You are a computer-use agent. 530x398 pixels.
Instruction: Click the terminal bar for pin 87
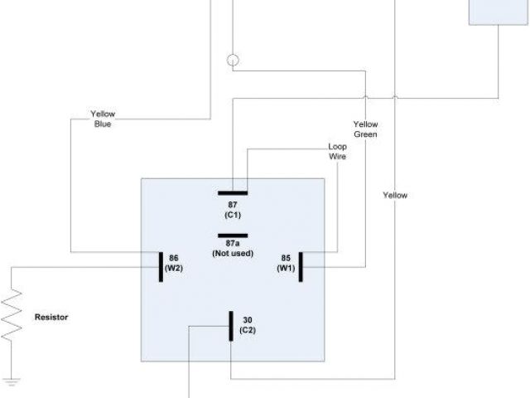point(232,190)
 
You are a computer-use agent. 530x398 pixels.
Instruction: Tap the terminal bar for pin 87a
point(232,235)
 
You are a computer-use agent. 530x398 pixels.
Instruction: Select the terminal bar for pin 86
point(161,267)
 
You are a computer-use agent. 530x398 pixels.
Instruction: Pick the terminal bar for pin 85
point(301,267)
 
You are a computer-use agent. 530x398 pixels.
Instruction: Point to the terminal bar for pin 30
point(230,326)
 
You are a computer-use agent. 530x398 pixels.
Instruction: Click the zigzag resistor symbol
point(12,316)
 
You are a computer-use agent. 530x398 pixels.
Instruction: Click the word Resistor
point(51,317)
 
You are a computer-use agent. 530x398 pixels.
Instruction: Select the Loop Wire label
point(337,150)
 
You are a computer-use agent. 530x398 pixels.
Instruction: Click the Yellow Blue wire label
point(104,119)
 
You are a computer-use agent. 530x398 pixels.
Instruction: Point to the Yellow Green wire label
point(365,129)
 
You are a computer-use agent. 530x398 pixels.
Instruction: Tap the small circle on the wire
point(233,61)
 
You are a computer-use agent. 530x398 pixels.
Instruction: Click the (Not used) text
point(233,253)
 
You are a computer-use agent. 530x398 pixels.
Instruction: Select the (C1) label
point(232,215)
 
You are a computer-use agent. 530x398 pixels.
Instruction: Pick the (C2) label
point(248,330)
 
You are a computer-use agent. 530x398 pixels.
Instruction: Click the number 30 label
point(248,319)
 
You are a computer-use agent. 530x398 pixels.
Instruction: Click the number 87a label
point(232,244)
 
